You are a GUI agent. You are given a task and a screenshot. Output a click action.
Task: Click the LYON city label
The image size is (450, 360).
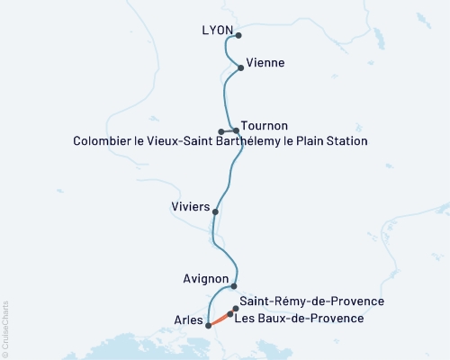[x=219, y=31]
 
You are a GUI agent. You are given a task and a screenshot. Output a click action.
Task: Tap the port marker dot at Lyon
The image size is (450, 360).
[x=239, y=36]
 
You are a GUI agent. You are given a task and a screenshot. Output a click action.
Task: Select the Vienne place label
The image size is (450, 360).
[x=265, y=62]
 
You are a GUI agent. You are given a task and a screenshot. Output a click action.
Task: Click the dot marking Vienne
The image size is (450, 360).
[x=240, y=67]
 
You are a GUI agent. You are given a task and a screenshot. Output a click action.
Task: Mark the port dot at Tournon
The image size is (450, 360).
[x=237, y=131]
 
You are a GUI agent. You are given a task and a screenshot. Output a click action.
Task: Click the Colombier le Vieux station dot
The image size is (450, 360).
[x=220, y=131]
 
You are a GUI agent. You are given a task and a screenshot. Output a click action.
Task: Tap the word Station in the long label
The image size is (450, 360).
[x=345, y=141]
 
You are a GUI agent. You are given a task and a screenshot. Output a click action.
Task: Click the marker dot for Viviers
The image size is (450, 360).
[x=215, y=212]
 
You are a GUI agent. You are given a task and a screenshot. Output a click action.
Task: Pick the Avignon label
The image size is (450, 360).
[x=207, y=280]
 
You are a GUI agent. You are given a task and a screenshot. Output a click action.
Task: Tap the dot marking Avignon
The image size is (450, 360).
[x=235, y=285]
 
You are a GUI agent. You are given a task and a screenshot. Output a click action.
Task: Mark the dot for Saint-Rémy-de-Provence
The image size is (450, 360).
[x=236, y=309]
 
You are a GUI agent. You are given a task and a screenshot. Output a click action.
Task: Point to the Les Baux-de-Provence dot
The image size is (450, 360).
[x=230, y=315]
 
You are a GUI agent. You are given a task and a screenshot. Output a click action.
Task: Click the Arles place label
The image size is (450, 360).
[x=187, y=319]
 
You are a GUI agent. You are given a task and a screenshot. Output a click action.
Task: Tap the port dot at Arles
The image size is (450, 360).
[x=209, y=326]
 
